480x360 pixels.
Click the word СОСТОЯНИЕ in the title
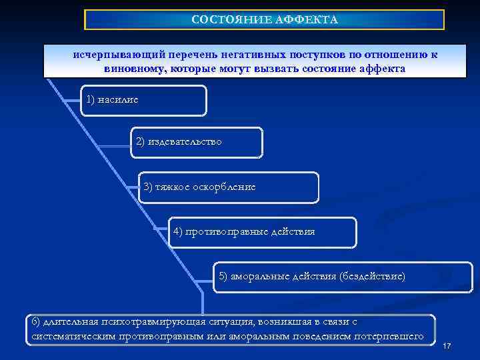[223, 20]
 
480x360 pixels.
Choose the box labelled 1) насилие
[144, 101]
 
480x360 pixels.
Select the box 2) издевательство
[197, 142]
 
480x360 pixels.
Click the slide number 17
[447, 346]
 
